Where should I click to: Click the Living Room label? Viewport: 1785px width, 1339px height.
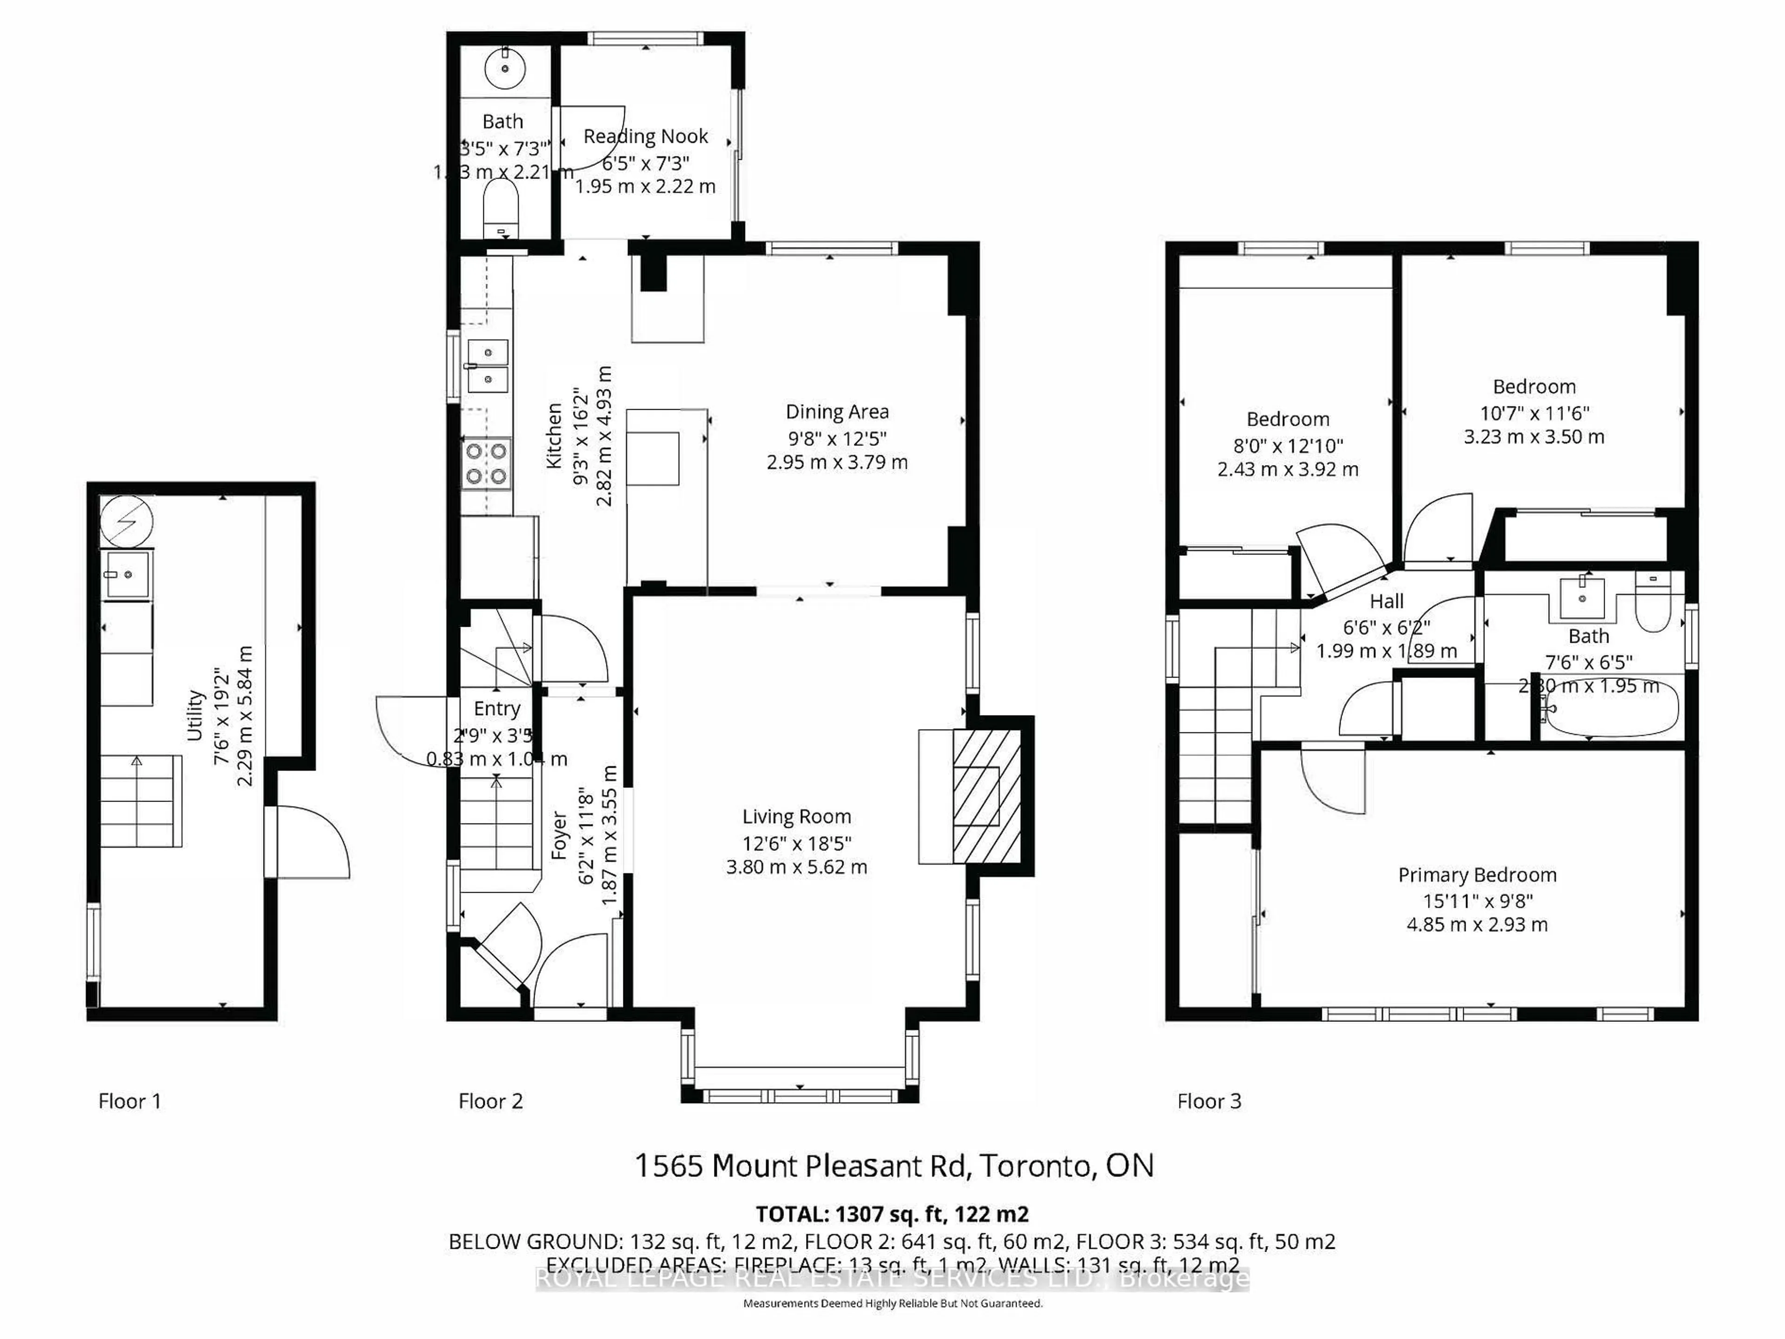pyautogui.click(x=796, y=817)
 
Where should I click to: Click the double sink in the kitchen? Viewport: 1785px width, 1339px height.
pyautogui.click(x=488, y=365)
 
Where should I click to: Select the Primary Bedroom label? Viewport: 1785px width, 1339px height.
pyautogui.click(x=1477, y=875)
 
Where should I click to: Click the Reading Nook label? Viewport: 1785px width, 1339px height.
pyautogui.click(x=646, y=136)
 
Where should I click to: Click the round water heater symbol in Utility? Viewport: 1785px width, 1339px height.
pyautogui.click(x=127, y=520)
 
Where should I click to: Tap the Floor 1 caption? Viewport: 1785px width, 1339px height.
pyautogui.click(x=130, y=1101)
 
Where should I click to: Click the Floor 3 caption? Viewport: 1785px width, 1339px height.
pyautogui.click(x=1209, y=1101)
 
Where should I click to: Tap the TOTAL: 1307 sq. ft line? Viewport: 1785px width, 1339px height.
pyautogui.click(x=892, y=1214)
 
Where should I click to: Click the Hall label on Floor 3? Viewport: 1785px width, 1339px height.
pyautogui.click(x=1386, y=601)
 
